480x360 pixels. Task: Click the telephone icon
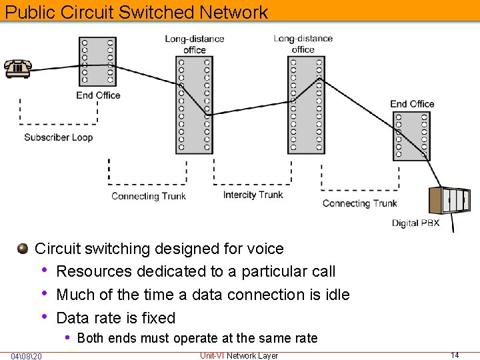17,68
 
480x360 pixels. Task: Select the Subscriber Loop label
58,137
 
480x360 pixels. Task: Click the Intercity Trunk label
253,195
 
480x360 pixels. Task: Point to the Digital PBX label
415,223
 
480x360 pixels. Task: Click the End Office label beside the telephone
98,95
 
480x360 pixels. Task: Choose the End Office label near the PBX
412,104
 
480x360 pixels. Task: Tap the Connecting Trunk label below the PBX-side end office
359,203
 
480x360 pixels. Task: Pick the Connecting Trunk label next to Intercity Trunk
148,196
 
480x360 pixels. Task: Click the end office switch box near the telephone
97,61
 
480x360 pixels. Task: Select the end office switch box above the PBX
412,135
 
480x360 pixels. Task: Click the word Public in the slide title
30,12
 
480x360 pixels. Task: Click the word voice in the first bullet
265,249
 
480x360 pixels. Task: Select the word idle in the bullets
336,295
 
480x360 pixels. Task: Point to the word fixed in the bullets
157,318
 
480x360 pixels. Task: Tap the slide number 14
455,355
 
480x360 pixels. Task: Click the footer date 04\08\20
27,355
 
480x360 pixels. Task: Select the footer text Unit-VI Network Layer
239,355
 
